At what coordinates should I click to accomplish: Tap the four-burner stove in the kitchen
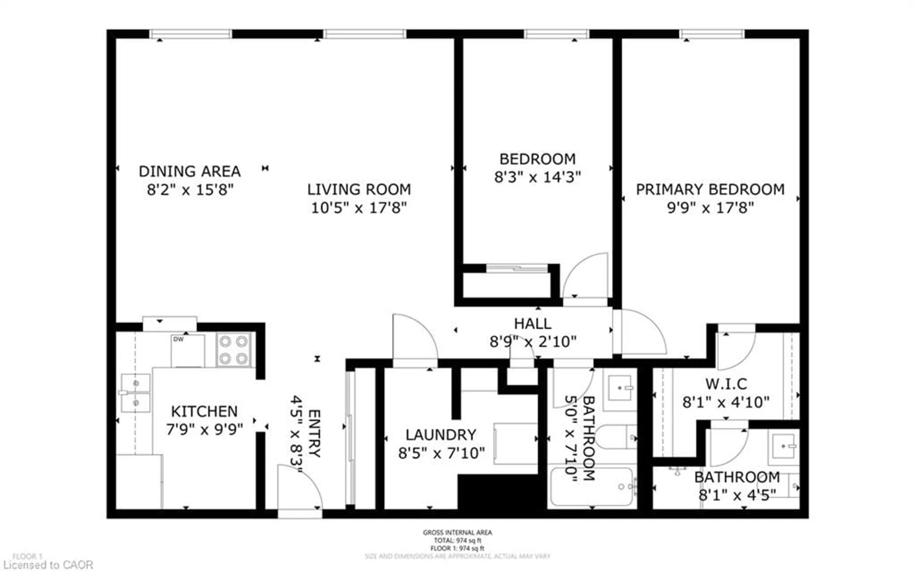[x=234, y=350]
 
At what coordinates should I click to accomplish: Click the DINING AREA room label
[x=189, y=171]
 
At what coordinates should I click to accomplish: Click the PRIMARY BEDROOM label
[x=710, y=189]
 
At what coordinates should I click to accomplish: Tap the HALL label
[x=533, y=324]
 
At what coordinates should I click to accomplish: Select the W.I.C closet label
[x=726, y=384]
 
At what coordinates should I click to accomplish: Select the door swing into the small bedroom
[x=586, y=276]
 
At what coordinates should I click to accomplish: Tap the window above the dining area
[x=191, y=34]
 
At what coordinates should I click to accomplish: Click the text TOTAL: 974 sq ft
[x=457, y=540]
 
